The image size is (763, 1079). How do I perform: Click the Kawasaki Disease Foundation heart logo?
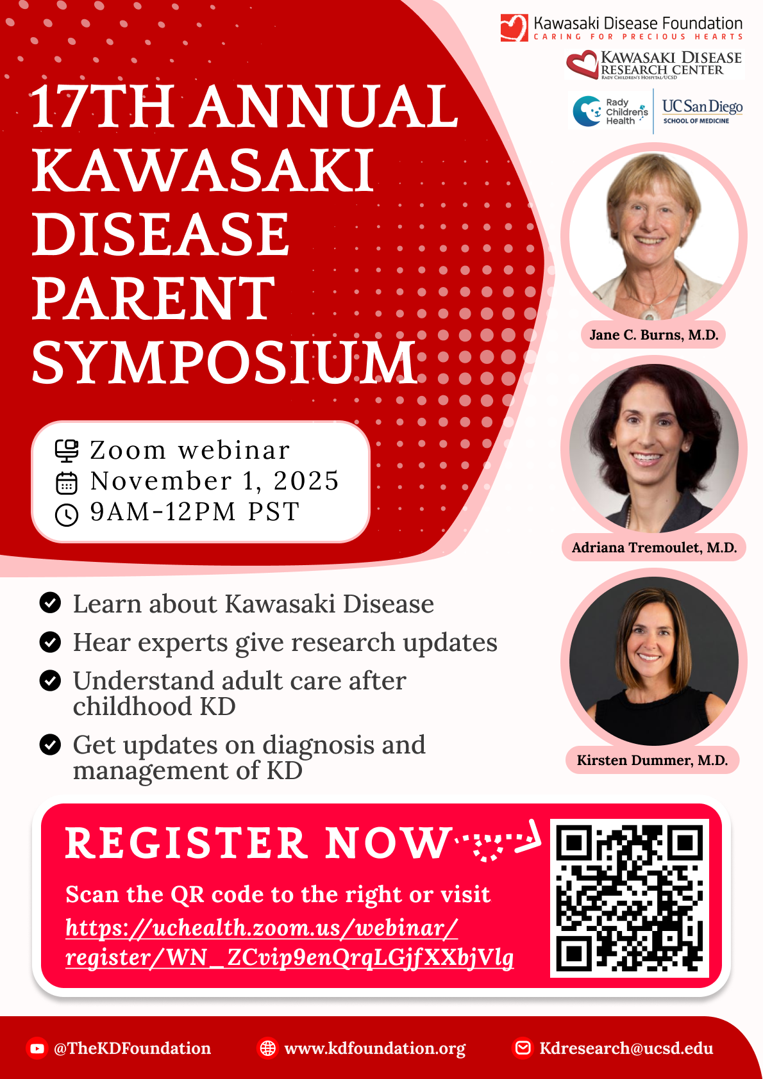(x=514, y=28)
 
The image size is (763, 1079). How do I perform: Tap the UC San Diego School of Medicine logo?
(x=702, y=111)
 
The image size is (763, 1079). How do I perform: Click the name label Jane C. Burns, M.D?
(x=653, y=334)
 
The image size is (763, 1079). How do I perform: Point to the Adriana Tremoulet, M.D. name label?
(x=654, y=547)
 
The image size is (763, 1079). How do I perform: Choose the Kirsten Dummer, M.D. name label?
(x=652, y=760)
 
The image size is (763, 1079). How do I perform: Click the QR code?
(x=629, y=898)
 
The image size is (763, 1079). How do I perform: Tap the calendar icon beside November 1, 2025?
(x=67, y=483)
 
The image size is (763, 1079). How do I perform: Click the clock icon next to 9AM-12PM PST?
(x=67, y=515)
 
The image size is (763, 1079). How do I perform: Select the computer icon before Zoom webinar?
(x=67, y=451)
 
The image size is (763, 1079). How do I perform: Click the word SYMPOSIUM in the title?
(x=224, y=362)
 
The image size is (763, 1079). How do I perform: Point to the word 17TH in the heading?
(x=102, y=106)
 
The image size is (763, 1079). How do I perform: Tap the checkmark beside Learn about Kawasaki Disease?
(x=50, y=602)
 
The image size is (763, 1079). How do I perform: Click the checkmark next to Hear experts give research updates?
(x=50, y=641)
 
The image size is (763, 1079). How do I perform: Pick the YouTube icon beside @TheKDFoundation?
(x=37, y=1048)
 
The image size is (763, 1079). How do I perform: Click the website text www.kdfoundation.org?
(x=375, y=1049)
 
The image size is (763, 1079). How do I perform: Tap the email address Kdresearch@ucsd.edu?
(x=626, y=1048)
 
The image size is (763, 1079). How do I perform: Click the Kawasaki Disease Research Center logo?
(x=654, y=65)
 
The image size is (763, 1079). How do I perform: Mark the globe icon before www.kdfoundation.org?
(x=267, y=1048)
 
